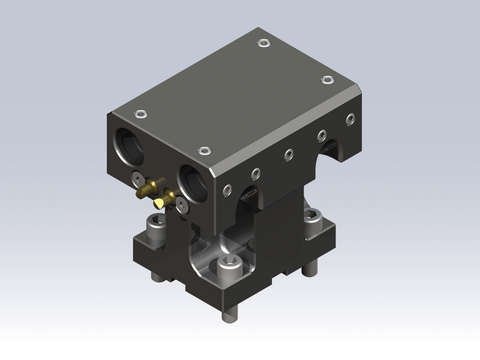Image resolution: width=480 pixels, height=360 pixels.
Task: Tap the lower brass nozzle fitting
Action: (160, 204)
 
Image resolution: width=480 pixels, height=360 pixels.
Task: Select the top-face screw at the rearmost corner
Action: (262, 43)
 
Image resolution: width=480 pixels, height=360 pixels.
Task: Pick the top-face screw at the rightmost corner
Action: (326, 80)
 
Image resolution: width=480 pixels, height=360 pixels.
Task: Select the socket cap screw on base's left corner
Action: (155, 225)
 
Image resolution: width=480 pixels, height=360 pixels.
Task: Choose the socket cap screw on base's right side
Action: (308, 217)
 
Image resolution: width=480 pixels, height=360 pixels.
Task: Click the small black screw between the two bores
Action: (135, 179)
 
